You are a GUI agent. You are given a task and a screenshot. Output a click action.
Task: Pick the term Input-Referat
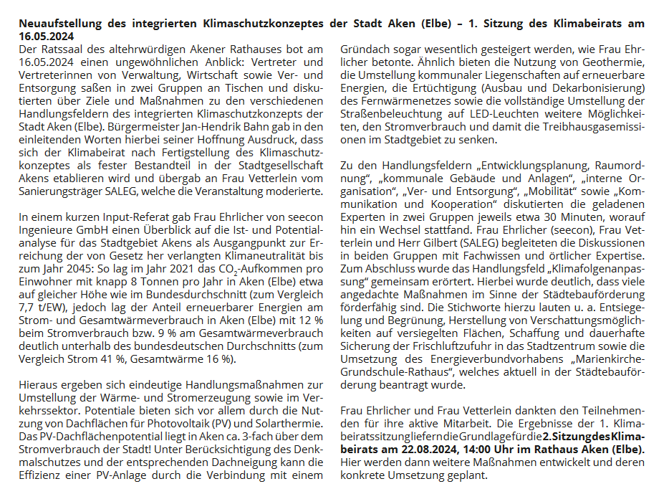(x=114, y=217)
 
